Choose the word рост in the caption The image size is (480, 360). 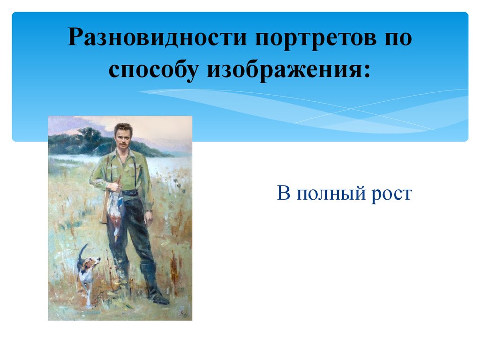(x=391, y=194)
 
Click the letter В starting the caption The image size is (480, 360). (x=284, y=193)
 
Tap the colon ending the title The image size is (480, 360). (x=366, y=71)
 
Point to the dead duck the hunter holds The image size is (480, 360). (x=115, y=214)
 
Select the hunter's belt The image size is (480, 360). (x=130, y=193)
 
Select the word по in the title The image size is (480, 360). (x=398, y=38)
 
